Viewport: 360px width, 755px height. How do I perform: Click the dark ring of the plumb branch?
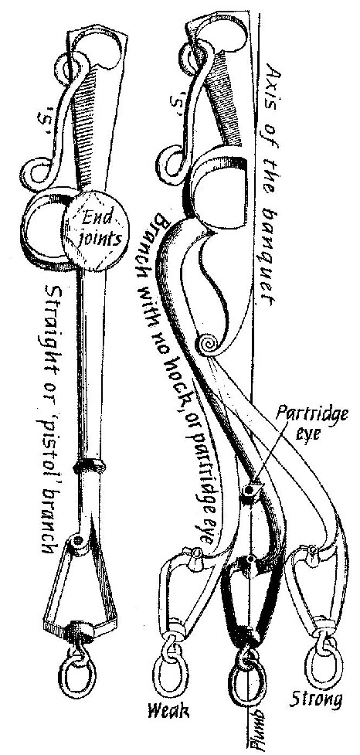pos(247,680)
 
